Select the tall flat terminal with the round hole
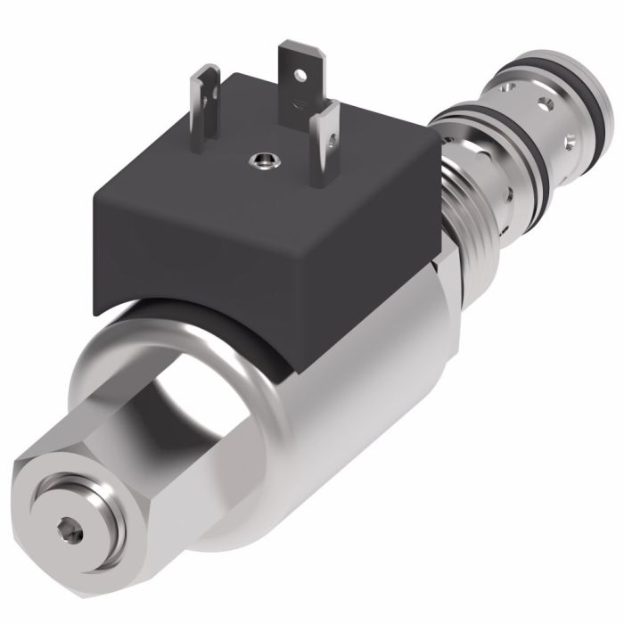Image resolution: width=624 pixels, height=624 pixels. point(297,80)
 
